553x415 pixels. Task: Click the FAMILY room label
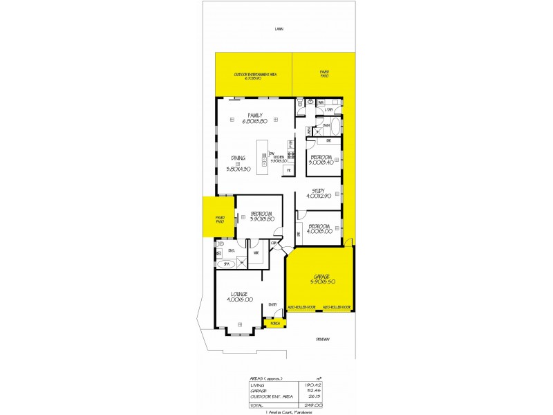tap(255, 116)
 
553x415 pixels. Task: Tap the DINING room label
tap(238, 158)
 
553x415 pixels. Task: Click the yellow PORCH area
tap(275, 323)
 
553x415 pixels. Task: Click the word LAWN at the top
tap(279, 29)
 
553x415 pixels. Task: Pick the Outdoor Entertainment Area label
tap(256, 75)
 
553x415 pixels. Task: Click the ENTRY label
tap(272, 304)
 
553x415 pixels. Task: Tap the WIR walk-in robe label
tap(255, 252)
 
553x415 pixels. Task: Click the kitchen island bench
tap(263, 157)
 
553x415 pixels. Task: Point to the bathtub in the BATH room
tap(335, 127)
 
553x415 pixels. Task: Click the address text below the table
tap(286, 412)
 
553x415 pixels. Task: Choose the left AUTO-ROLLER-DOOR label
tap(301, 307)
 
